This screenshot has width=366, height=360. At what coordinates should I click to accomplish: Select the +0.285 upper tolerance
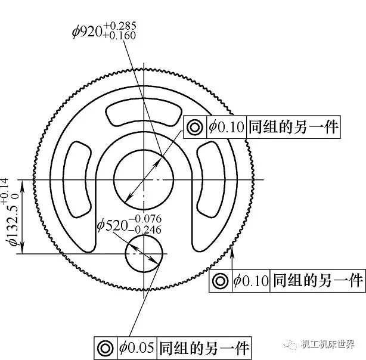[119, 25]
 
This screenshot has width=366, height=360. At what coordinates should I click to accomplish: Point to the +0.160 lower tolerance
[119, 35]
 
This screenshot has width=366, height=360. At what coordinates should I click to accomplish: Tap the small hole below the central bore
[143, 253]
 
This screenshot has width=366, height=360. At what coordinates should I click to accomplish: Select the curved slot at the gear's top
[143, 113]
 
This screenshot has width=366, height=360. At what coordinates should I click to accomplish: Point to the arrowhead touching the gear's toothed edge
[232, 254]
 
